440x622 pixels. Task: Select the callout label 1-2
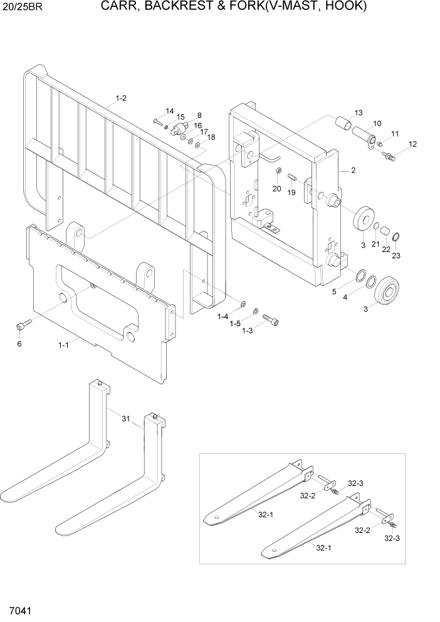tap(122, 98)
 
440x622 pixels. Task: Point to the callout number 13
tap(359, 113)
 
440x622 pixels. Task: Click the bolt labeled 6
tap(23, 325)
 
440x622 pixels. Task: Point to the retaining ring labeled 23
tap(397, 236)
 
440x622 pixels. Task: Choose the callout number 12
tap(412, 144)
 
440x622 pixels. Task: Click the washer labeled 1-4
tap(243, 303)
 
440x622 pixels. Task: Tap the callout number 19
tap(291, 192)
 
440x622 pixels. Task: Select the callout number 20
tap(276, 188)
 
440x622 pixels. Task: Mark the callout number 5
tap(334, 292)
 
